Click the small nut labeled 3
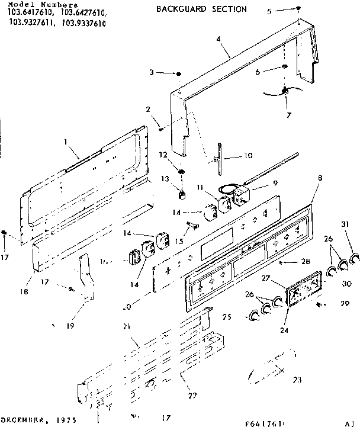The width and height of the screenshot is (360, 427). [178, 73]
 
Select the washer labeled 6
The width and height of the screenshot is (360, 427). [285, 70]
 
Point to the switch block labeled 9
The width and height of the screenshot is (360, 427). [242, 197]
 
